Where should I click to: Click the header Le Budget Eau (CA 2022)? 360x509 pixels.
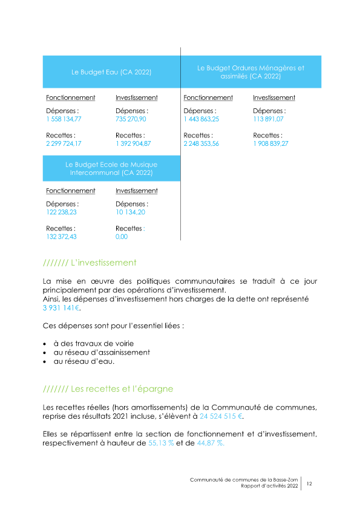[x=111, y=72]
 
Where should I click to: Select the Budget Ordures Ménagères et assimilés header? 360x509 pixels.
[x=251, y=72]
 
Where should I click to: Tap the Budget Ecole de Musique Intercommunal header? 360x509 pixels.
[x=111, y=168]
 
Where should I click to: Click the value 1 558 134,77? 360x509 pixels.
[x=64, y=119]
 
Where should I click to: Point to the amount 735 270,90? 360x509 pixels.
[x=131, y=119]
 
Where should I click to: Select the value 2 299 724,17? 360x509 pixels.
[x=64, y=143]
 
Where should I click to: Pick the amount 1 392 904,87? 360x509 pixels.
[x=133, y=143]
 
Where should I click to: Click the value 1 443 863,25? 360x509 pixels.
[x=201, y=119]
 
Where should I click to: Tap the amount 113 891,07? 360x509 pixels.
[x=268, y=119]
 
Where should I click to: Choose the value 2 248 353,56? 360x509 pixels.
[x=201, y=143]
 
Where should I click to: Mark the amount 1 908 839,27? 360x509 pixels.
[x=270, y=143]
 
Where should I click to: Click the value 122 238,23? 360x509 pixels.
[x=61, y=212]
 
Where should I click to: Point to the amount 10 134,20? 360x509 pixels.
[x=129, y=212]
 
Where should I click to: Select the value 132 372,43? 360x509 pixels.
[x=61, y=237]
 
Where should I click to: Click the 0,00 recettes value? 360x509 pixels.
[x=122, y=237]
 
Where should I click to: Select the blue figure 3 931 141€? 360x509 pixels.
[x=62, y=308]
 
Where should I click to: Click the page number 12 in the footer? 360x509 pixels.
[x=309, y=484]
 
